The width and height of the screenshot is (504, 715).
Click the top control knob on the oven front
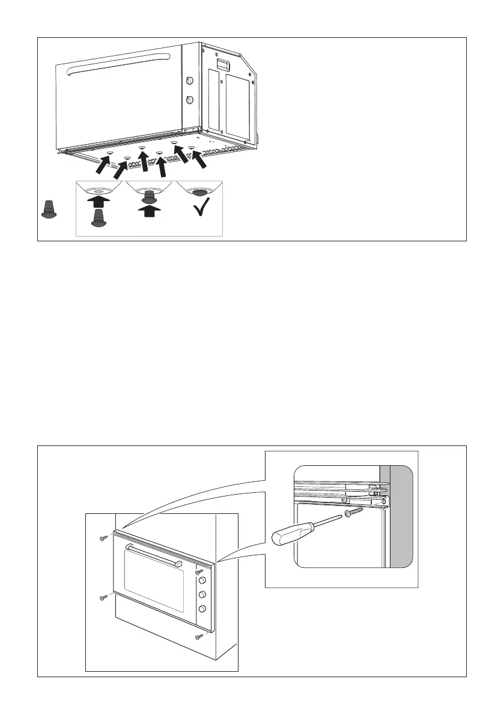201,581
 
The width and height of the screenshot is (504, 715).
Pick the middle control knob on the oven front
202,595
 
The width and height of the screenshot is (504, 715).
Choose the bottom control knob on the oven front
202,609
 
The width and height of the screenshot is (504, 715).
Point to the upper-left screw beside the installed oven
103,539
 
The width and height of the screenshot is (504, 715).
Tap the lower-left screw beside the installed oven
103,597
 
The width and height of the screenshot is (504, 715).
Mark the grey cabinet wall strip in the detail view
401,516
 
